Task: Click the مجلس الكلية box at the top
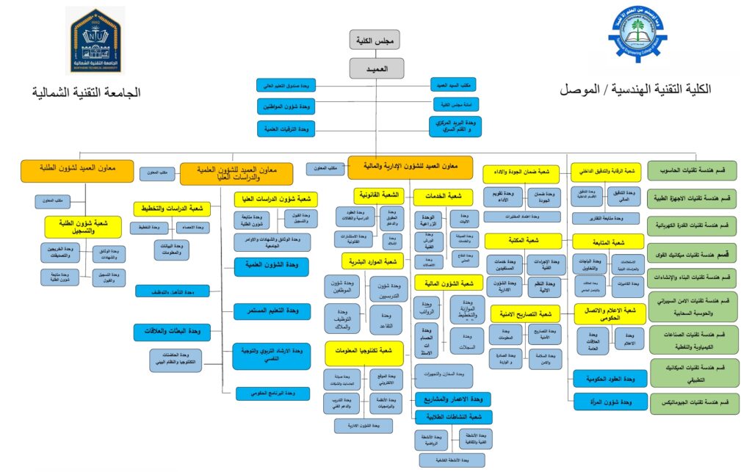tap(380, 40)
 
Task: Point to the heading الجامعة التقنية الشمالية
tap(86, 93)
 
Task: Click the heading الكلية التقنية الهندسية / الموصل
tap(635, 90)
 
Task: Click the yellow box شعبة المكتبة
tap(524, 240)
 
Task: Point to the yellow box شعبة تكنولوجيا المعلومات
tap(365, 352)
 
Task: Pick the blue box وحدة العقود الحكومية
tap(606, 379)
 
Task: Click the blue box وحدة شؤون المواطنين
tap(285, 106)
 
